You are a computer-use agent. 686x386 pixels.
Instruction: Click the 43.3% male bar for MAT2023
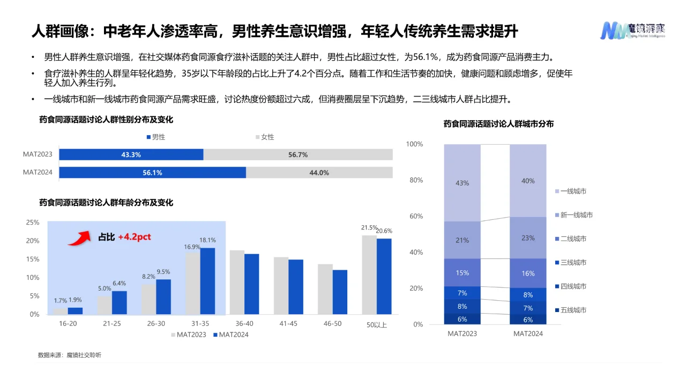[131, 154]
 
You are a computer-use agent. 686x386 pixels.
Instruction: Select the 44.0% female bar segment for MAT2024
[319, 173]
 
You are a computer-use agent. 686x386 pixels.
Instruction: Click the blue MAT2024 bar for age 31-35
[207, 280]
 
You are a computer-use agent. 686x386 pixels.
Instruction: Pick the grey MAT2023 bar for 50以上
[369, 274]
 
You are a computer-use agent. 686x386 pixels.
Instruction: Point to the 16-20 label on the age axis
[68, 324]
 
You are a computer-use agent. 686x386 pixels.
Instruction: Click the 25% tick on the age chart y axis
[33, 222]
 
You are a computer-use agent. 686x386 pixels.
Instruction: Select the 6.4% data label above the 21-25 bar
[119, 283]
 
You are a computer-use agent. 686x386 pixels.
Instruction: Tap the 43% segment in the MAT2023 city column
[462, 183]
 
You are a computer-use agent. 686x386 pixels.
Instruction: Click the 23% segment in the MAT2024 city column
[528, 237]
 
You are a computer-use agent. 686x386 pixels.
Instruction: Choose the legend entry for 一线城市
[573, 191]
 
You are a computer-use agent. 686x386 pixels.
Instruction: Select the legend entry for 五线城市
[573, 310]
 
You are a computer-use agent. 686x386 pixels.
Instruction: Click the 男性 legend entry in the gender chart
[155, 137]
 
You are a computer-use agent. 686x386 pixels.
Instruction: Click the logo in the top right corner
[632, 29]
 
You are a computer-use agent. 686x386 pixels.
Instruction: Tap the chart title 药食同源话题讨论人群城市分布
[498, 124]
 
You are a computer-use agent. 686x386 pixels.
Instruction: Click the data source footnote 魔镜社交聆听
[69, 355]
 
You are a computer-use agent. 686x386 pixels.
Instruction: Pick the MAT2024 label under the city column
[528, 333]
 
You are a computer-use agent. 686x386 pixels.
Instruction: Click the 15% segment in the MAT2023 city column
[462, 273]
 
